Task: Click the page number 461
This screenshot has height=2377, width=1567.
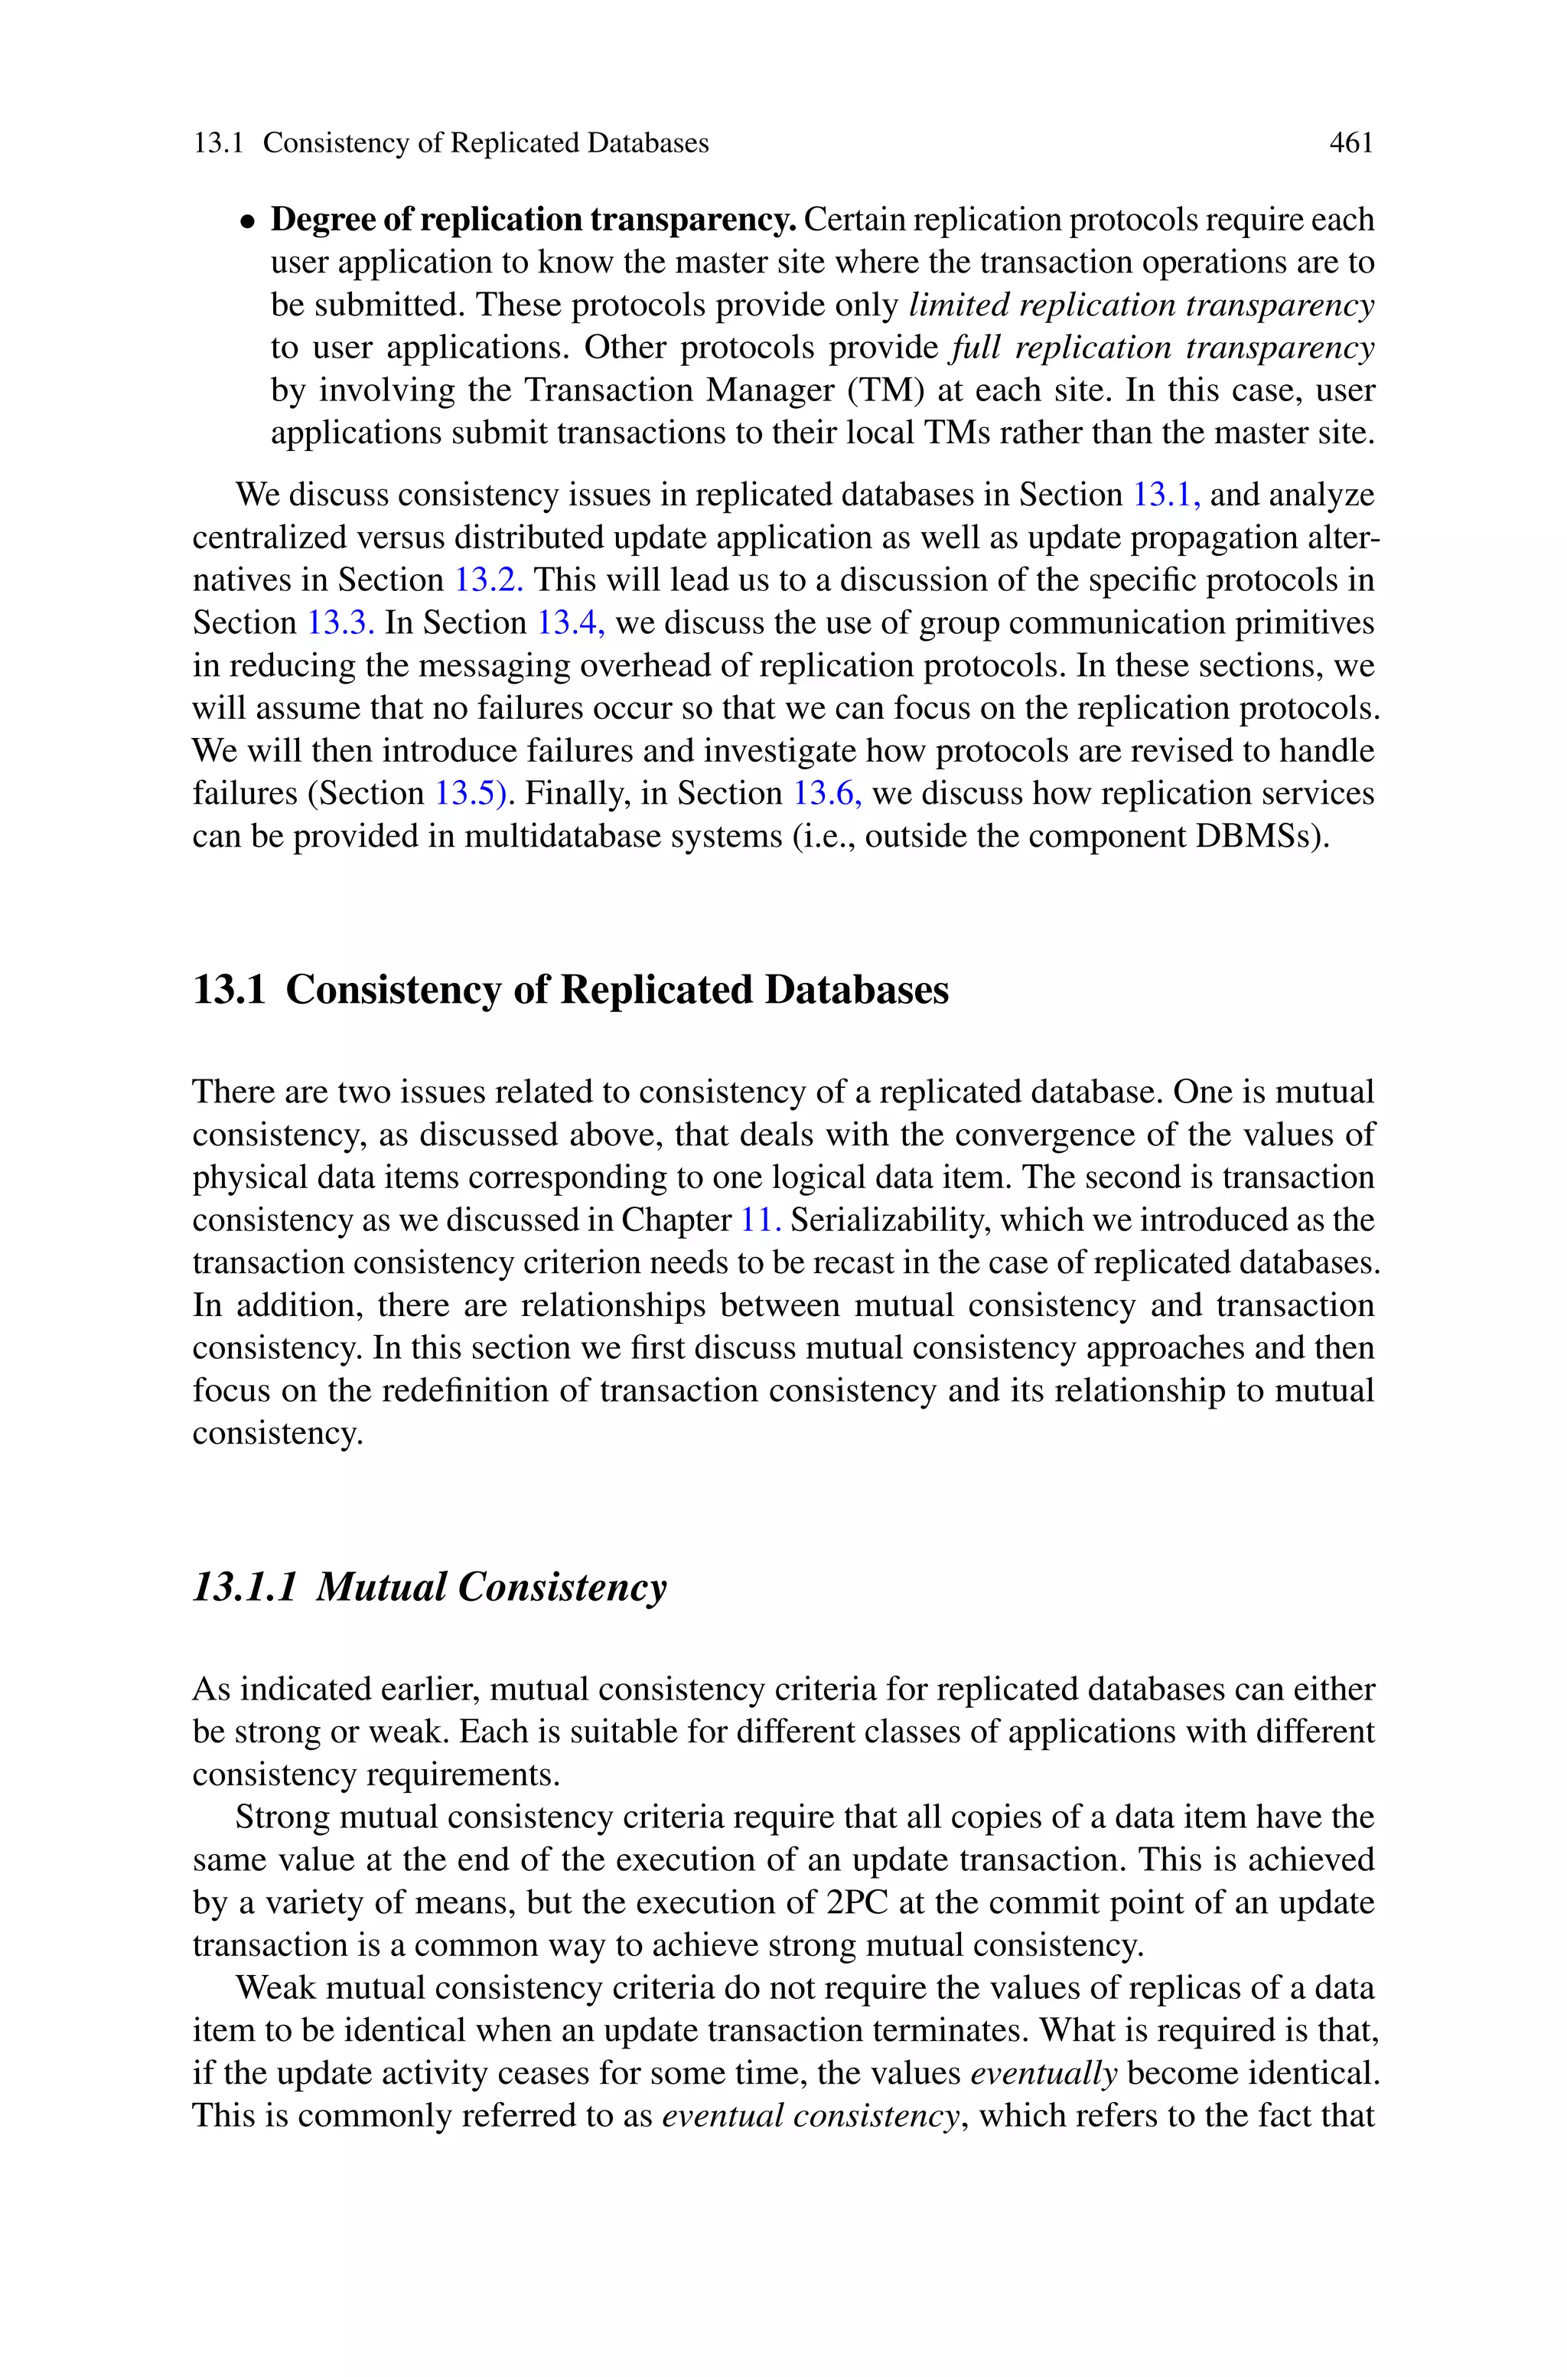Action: [x=1351, y=143]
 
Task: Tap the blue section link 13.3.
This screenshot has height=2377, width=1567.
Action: [x=340, y=622]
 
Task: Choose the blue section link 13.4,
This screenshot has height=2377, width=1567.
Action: [x=572, y=622]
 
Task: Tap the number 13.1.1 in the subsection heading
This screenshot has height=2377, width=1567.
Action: [x=245, y=1587]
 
